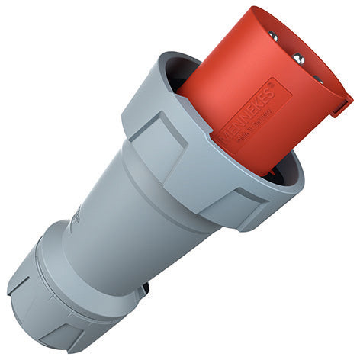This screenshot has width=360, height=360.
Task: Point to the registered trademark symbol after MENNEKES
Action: coord(288,86)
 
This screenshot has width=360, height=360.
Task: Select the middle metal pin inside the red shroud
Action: coord(300,59)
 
